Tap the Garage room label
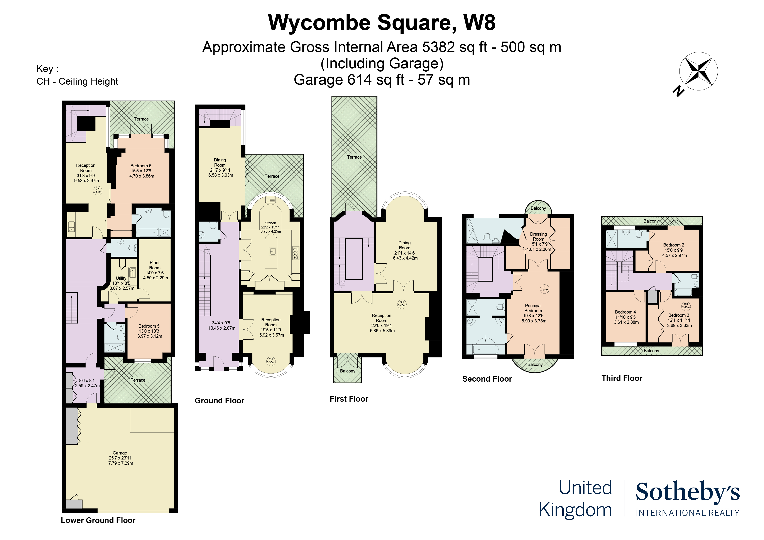point(120,453)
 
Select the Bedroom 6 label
point(141,166)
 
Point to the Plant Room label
point(155,265)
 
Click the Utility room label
point(121,278)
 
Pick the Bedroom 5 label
point(149,326)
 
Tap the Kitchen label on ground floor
point(270,223)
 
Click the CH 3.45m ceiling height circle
point(402,304)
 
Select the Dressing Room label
point(538,236)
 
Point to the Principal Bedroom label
point(533,308)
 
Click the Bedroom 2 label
point(673,245)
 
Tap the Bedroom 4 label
point(625,312)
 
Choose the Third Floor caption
point(622,378)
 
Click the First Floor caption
point(349,399)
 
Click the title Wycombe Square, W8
point(382,23)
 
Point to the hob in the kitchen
point(296,253)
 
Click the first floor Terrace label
point(354,157)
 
